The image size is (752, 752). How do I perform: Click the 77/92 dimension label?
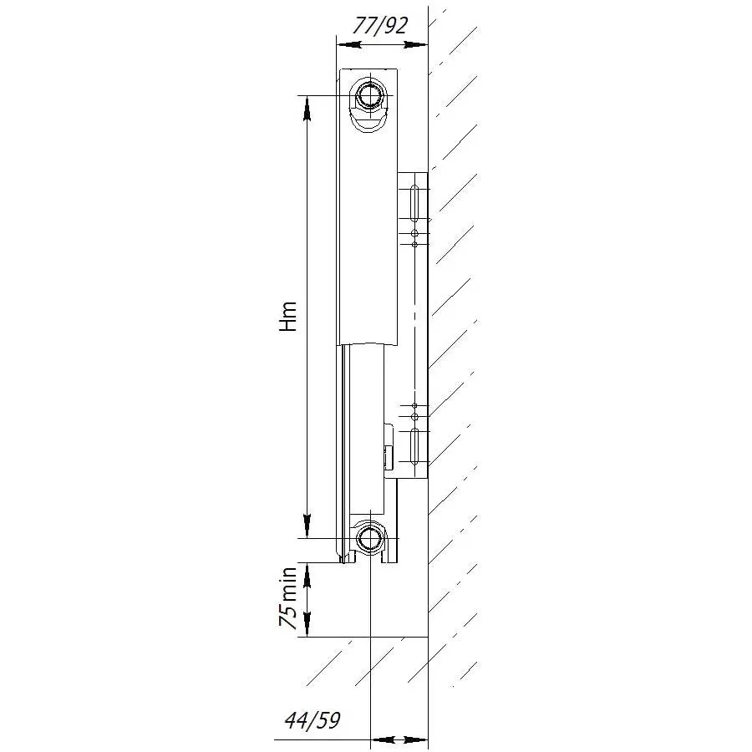click(x=380, y=26)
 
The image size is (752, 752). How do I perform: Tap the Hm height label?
click(x=288, y=317)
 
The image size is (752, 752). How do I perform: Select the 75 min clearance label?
click(x=288, y=597)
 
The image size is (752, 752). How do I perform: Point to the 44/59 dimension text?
click(x=312, y=720)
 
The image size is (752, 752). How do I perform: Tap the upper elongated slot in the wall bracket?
click(x=414, y=204)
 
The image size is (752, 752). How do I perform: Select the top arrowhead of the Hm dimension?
click(x=307, y=108)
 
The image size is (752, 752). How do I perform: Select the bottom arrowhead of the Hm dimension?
click(x=307, y=526)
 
